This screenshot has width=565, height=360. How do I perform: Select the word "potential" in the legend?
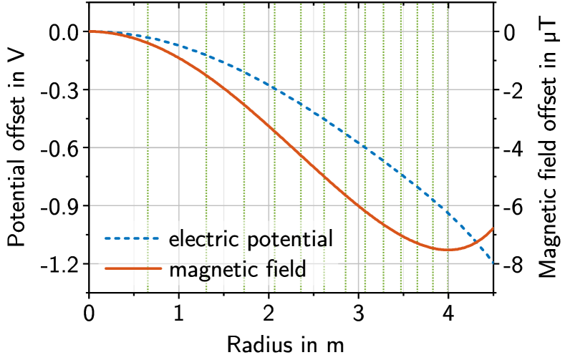tap(290, 240)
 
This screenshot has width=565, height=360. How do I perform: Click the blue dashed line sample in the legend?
tap(132, 239)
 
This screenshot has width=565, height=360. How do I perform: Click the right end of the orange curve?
tap(493, 229)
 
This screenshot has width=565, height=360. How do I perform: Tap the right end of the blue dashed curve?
tap(492, 262)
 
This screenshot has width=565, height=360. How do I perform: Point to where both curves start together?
tap(91, 31)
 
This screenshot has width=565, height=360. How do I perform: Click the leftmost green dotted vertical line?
tap(148, 143)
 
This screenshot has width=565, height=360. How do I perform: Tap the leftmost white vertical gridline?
tap(134, 143)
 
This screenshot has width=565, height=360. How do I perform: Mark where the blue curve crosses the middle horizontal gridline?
tap(364, 147)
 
